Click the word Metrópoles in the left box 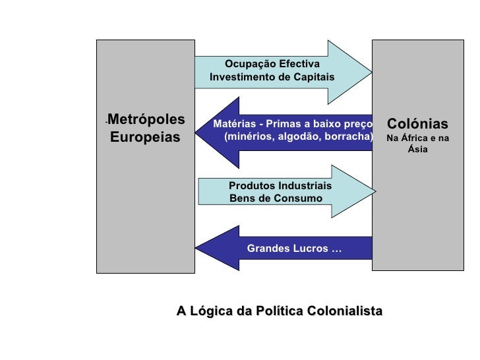[146, 119]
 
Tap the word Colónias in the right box [417, 124]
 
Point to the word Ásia [417, 150]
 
